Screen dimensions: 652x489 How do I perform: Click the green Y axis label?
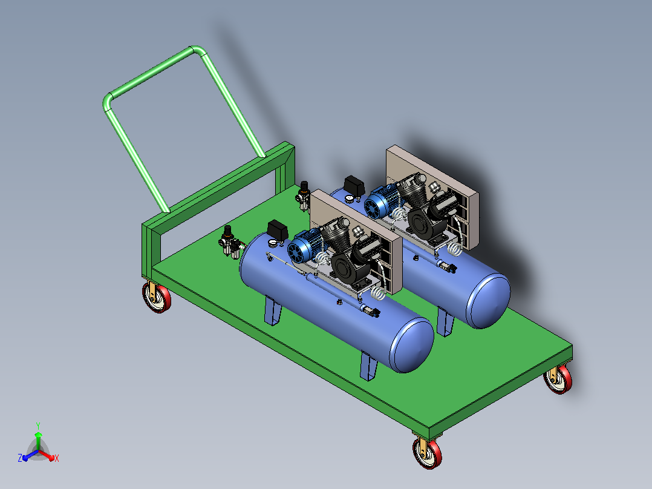coord(38,425)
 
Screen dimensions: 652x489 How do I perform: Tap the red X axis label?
coord(57,458)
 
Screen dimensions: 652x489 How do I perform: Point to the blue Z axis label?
coord(19,458)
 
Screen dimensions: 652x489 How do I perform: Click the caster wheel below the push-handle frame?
coord(156,297)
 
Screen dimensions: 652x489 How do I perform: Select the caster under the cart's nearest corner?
coord(427,452)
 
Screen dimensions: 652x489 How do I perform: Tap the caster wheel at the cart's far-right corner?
coord(558,379)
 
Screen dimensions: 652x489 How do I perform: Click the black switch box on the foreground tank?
coord(278,230)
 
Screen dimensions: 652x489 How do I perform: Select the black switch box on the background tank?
coord(354,186)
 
